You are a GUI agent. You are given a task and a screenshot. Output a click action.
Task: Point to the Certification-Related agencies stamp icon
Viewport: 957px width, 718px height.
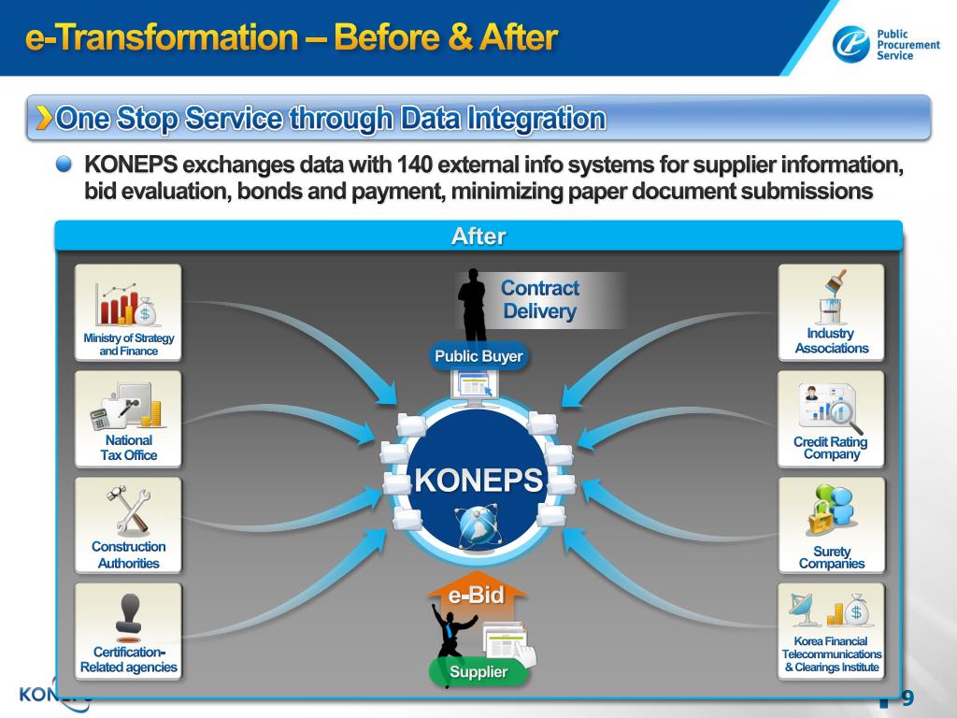(x=128, y=613)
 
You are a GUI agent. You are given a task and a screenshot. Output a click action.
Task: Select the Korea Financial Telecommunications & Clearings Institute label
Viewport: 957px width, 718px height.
(x=831, y=654)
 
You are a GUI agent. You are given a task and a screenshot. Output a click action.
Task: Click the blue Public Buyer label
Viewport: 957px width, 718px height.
(x=478, y=356)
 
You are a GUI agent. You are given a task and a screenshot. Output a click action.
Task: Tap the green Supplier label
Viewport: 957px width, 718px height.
(x=478, y=671)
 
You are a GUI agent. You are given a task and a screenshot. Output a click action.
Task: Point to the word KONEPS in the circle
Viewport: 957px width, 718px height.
(x=478, y=481)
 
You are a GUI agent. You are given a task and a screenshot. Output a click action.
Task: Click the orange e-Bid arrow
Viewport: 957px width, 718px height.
(x=477, y=595)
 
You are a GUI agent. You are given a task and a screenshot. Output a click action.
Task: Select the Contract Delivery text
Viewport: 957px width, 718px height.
(x=539, y=300)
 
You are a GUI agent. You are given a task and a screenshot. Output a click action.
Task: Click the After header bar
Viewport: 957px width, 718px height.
(x=478, y=237)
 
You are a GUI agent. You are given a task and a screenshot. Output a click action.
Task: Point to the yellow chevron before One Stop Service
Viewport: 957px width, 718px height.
(x=44, y=118)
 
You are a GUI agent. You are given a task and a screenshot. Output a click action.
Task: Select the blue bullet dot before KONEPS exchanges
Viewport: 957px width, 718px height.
(x=64, y=165)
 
